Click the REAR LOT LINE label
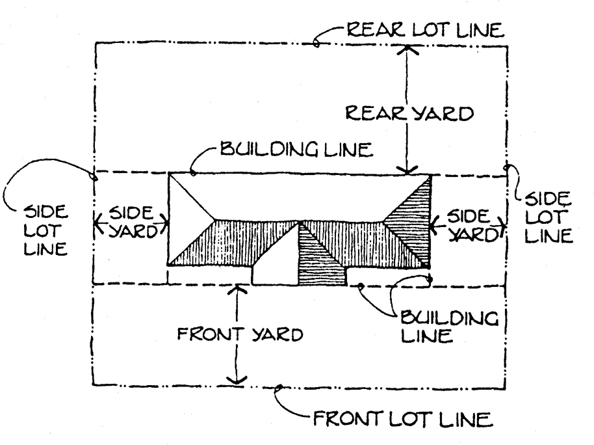coord(426,29)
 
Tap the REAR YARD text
coord(409,113)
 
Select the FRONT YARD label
coord(240,334)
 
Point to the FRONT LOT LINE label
coord(403,419)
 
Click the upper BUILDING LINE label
coord(296,149)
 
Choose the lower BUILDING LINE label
coord(449,327)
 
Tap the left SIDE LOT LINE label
coord(46,230)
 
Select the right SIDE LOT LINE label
coord(548,217)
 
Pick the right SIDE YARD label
coord(471,226)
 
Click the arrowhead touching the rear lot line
coord(407,49)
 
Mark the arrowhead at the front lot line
coord(237,380)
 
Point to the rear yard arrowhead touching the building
coord(407,170)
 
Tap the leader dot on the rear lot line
coord(316,43)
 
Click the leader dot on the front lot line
coord(279,387)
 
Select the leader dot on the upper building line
coord(193,173)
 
